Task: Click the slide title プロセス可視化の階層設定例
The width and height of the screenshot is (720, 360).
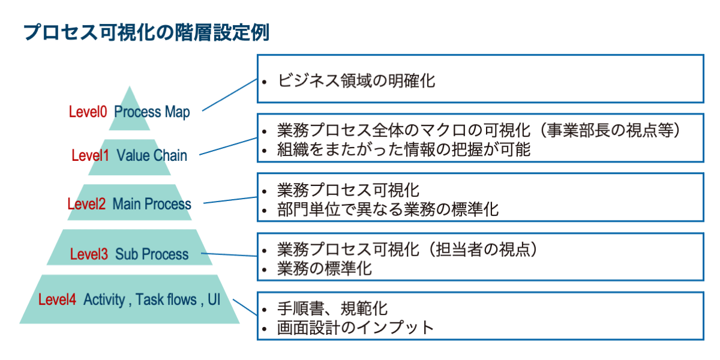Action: tap(146, 32)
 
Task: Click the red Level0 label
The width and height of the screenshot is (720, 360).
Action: tap(88, 112)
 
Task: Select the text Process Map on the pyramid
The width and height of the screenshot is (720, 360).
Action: tap(152, 112)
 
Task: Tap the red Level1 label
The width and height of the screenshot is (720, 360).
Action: tap(90, 155)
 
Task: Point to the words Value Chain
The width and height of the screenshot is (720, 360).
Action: tap(152, 155)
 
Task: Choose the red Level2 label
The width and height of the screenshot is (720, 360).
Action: tap(86, 204)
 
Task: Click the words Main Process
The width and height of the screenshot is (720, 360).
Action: tap(152, 204)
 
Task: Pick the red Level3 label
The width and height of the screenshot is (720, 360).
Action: tap(89, 254)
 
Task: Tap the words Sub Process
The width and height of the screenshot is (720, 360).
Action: tap(152, 254)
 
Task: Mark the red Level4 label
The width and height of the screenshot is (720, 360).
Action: tap(57, 299)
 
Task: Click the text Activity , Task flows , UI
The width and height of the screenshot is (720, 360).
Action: tap(152, 299)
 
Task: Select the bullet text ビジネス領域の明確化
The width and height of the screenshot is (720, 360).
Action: tap(356, 80)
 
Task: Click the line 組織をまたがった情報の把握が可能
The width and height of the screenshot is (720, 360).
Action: tap(404, 149)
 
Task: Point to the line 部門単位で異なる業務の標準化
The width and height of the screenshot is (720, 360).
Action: tap(388, 209)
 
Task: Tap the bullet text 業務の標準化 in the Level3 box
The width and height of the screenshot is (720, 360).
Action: tap(324, 268)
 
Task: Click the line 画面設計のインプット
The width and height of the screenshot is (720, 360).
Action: tap(355, 328)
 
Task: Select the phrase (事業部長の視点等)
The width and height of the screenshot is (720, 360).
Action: tap(613, 130)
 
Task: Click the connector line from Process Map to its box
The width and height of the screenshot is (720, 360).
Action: tap(230, 95)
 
